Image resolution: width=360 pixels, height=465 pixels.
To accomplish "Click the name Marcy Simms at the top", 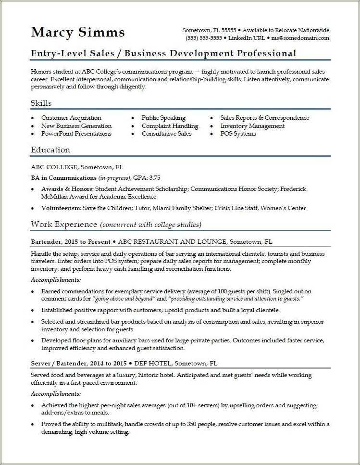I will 78,32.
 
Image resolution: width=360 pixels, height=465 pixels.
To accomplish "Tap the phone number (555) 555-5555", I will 203,38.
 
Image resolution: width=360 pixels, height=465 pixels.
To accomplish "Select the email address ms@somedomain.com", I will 300,38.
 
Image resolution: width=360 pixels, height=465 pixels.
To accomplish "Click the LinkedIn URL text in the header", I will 246,38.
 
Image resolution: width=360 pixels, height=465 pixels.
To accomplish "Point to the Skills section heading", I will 41,103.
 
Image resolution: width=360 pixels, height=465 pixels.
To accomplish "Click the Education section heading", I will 50,150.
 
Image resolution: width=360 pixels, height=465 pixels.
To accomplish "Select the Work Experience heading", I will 63,225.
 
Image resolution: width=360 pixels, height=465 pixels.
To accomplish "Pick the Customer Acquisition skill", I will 71,118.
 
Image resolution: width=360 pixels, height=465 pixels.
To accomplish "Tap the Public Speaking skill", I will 163,118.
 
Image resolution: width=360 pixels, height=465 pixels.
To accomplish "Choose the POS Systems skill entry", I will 238,134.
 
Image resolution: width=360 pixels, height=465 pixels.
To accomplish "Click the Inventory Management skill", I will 252,126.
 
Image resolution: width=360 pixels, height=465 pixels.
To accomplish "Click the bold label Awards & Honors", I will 67,189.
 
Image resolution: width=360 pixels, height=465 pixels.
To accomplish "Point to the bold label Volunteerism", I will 61,208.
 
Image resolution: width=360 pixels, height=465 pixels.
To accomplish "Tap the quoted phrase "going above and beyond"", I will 121,299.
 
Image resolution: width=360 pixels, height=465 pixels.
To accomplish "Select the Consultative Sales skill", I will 166,134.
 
